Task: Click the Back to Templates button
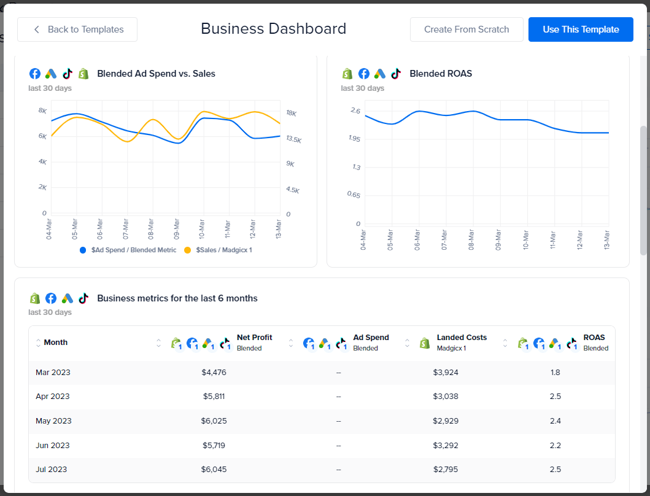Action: [77, 29]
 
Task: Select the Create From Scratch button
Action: [466, 29]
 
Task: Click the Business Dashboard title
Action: [273, 29]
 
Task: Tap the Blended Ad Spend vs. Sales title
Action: [156, 74]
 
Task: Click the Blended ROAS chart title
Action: [440, 74]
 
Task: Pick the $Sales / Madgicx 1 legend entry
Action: [223, 250]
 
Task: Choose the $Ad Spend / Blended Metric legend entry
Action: [133, 250]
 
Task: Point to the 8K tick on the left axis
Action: [43, 110]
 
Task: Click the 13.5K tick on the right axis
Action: [293, 140]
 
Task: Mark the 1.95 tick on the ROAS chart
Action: [354, 139]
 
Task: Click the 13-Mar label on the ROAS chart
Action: [606, 239]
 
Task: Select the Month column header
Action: [56, 343]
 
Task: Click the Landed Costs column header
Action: [462, 338]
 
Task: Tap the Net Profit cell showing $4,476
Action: [214, 372]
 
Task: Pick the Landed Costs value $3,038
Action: [446, 397]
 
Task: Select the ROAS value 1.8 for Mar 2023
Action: [555, 372]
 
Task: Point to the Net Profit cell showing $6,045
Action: [214, 469]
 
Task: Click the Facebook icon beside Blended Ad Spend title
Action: [35, 74]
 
